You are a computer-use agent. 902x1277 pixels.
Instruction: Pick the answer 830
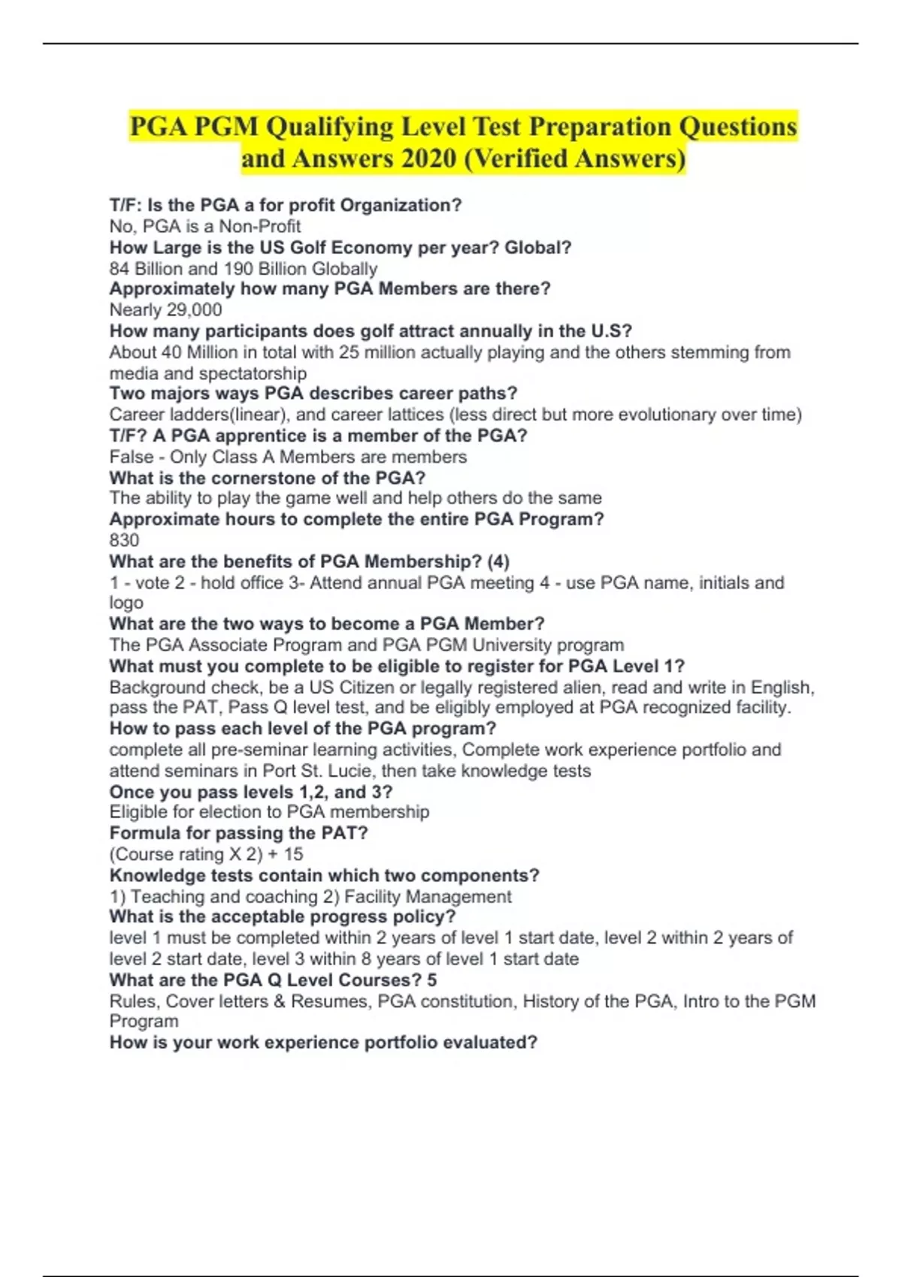(x=124, y=540)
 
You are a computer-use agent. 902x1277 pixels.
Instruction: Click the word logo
(x=126, y=602)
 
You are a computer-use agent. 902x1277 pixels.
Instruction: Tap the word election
(x=243, y=812)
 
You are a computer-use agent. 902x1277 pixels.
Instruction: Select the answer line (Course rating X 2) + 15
(x=206, y=854)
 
